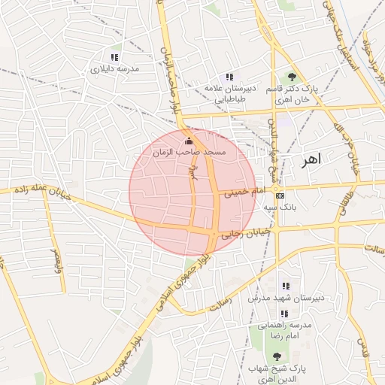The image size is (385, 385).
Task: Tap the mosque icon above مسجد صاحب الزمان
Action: [x=188, y=141]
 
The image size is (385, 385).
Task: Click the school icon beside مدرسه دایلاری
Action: [x=114, y=57]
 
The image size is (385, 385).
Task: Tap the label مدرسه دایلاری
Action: [x=114, y=68]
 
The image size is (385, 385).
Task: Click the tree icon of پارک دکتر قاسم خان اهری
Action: [x=292, y=77]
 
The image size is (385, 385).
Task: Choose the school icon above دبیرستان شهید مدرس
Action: [x=285, y=286]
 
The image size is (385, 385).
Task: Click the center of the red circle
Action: [x=192, y=192]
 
